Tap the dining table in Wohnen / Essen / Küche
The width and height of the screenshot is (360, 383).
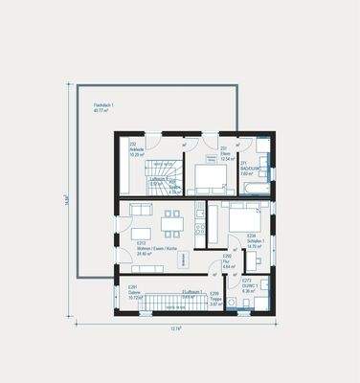point(171,219)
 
